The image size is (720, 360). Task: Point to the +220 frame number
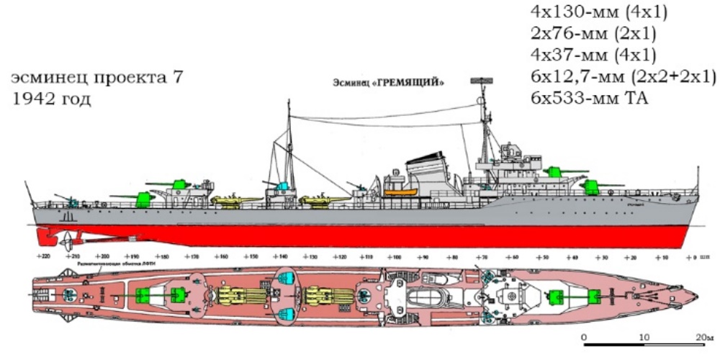[x=42, y=256]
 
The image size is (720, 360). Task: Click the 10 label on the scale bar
[x=643, y=337]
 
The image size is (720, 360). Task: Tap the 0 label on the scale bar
[x=584, y=337]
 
